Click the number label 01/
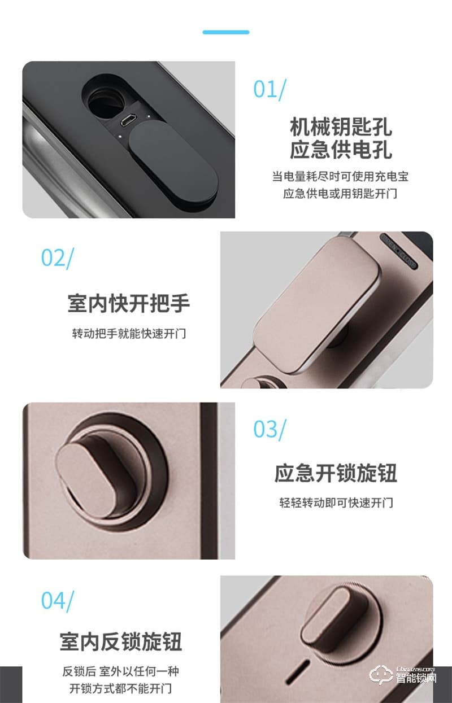pos(270,89)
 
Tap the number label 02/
pos(57,257)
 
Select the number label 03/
pos(270,429)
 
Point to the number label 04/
pos(57,600)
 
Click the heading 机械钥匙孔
pos(340,126)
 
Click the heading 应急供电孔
pos(340,150)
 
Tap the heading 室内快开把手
pos(128,304)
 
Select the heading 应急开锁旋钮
pos(336,473)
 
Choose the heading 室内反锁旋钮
pos(121,642)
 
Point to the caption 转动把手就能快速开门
pos(128,333)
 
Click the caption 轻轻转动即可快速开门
pos(336,502)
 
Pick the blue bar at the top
pos(225,32)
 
